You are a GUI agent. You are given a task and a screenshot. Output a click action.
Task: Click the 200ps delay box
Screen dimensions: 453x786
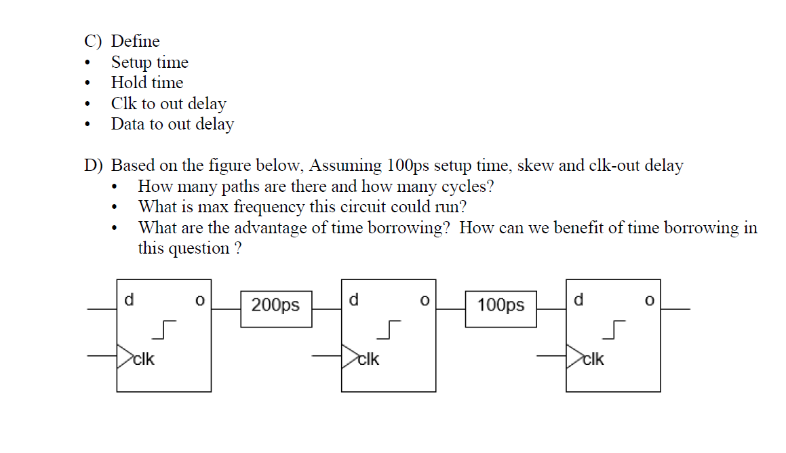[x=276, y=305]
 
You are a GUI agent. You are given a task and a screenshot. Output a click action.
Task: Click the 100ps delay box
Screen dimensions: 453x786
[x=500, y=305]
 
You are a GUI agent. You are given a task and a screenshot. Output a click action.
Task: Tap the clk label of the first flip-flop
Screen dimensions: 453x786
[x=144, y=359]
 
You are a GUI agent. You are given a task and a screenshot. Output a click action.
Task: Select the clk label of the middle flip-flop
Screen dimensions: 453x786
[x=368, y=359]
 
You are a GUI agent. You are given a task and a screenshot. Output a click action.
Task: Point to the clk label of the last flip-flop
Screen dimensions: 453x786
[x=593, y=359]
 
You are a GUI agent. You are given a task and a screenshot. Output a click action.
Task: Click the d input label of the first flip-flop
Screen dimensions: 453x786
[x=129, y=299]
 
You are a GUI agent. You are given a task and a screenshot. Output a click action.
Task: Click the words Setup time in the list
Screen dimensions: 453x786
[x=149, y=62]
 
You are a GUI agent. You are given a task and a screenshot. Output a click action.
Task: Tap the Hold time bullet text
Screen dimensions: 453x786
[x=147, y=83]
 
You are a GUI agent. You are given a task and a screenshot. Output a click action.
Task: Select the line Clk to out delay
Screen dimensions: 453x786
[x=168, y=104]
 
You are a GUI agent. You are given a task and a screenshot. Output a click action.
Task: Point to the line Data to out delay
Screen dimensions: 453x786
[x=172, y=124]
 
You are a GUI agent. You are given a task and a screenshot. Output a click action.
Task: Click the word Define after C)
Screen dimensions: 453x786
[x=136, y=41]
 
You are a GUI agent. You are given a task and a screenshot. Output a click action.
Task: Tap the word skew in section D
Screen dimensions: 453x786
[x=515, y=165]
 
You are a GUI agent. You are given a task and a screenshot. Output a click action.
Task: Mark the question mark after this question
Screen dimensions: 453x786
[x=237, y=248]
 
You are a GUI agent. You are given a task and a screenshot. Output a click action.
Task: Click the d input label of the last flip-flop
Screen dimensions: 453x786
[x=578, y=299]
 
